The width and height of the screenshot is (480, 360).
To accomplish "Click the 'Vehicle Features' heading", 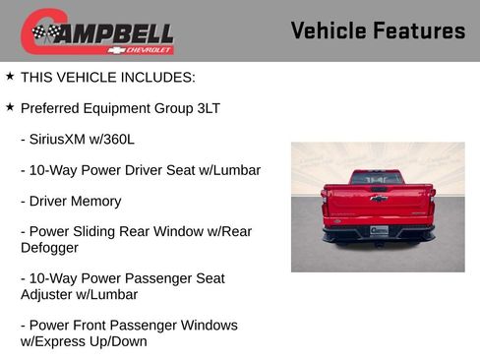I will point(378,30).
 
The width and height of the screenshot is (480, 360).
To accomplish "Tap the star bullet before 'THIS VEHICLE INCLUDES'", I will point(10,76).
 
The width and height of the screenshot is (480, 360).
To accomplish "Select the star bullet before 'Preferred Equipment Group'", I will point(10,106).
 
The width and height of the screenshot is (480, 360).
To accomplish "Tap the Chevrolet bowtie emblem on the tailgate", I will point(379,199).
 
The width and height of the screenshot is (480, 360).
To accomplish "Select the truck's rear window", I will point(378,177).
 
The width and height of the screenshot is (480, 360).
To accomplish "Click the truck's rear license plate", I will point(379,230).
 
